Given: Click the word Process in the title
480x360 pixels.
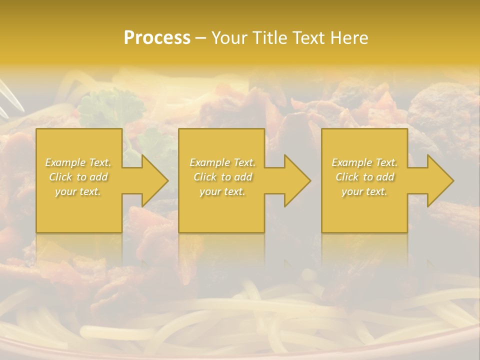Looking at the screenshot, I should pos(157,38).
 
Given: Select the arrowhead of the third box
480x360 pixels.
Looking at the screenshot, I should pos(439,180).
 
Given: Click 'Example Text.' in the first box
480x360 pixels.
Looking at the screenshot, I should pos(78,162).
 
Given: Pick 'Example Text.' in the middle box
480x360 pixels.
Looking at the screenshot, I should pos(222,162).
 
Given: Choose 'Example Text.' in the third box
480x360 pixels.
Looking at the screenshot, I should pos(364,162).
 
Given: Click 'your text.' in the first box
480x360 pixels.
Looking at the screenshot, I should pos(78,191).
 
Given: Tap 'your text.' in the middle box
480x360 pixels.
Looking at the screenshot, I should pos(222,191).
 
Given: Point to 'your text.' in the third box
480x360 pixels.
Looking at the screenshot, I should pos(364,191).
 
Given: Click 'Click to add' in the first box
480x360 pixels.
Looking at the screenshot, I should pos(78,177).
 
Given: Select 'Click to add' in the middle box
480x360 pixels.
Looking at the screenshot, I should pos(222,177).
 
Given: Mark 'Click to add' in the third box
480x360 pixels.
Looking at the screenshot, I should pos(364,177).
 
